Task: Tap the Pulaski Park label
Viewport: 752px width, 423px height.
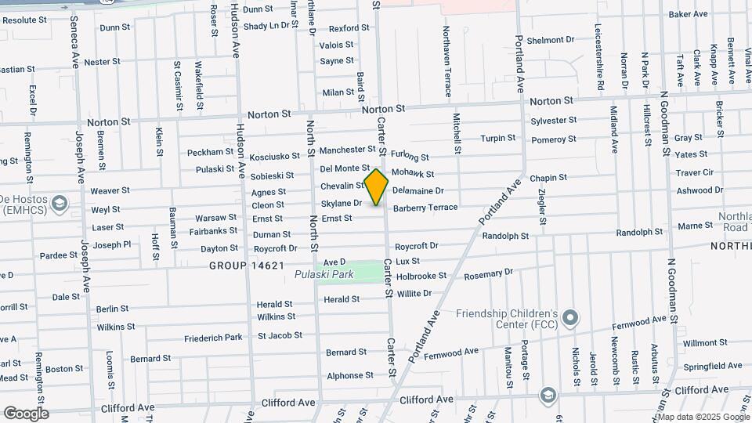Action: click(x=324, y=274)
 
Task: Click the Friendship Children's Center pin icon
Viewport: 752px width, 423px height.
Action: click(x=571, y=318)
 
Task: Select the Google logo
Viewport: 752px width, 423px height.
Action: click(x=25, y=414)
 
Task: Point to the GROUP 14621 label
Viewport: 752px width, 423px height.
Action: click(x=247, y=266)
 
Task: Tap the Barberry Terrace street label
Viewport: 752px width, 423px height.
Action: click(x=425, y=208)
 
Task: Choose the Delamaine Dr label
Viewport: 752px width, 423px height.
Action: click(x=418, y=190)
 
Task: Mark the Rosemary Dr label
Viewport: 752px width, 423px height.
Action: click(x=487, y=274)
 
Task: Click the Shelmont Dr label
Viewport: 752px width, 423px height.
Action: click(x=551, y=40)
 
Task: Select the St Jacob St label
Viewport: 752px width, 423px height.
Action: click(x=280, y=335)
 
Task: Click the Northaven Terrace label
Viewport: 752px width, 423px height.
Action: click(x=447, y=61)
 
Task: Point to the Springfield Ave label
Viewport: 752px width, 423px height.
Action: click(x=712, y=366)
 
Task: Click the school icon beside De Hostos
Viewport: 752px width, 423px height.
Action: click(x=59, y=204)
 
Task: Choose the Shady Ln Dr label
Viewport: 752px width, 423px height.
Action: click(x=266, y=26)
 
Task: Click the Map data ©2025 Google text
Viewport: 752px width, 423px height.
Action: click(x=703, y=416)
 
